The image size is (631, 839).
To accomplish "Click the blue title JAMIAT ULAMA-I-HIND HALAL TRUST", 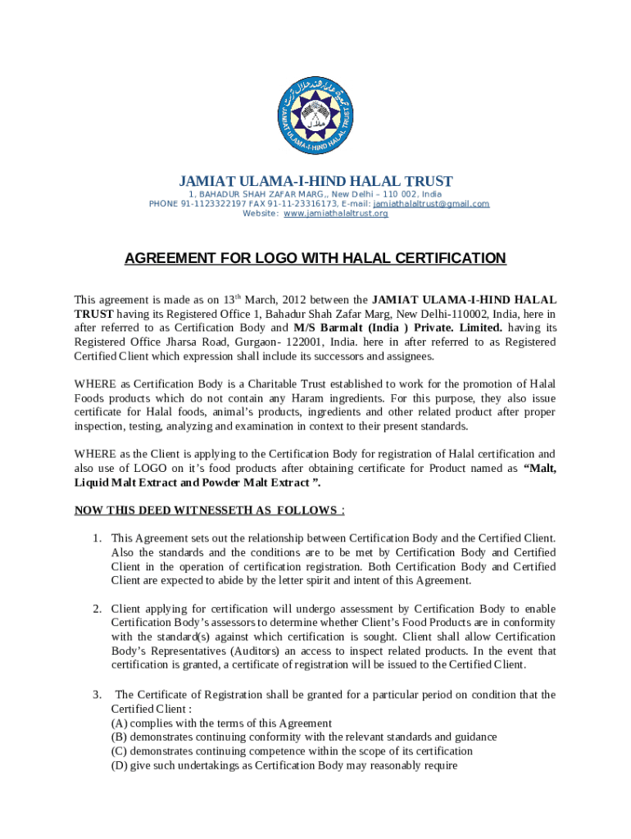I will [x=316, y=181].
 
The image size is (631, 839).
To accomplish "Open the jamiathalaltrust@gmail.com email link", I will [x=431, y=204].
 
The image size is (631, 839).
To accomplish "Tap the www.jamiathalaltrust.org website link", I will [x=336, y=214].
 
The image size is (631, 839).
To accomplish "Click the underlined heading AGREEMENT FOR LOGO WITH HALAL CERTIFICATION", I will [x=315, y=259].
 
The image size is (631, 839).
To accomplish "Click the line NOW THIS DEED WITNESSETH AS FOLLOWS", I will [x=209, y=510].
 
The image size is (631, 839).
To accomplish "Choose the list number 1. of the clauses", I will [x=96, y=538].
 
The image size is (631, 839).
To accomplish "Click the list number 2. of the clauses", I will [x=96, y=609].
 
